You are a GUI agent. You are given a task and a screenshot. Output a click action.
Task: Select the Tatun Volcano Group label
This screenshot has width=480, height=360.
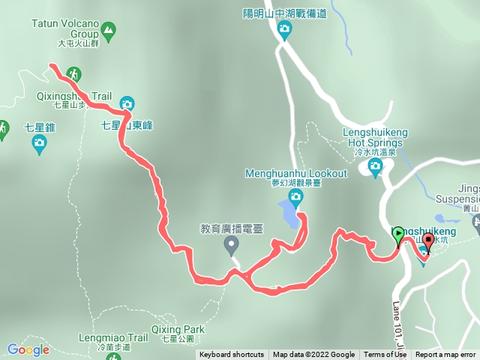pyautogui.click(x=66, y=29)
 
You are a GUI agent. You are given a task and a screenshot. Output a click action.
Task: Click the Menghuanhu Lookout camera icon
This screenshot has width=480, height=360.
pyautogui.click(x=295, y=198)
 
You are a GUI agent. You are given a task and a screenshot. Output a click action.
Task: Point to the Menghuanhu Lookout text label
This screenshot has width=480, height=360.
pyautogui.click(x=296, y=173)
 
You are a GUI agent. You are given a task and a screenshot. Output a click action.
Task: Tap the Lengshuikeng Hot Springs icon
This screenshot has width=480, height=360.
pyautogui.click(x=375, y=170)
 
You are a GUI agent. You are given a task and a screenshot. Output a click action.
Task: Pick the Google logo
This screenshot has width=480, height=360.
pyautogui.click(x=28, y=349)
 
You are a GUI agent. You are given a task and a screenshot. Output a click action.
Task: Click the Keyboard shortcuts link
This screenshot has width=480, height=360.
pyautogui.click(x=232, y=355)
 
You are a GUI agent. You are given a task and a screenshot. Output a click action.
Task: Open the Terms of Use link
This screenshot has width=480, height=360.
pyautogui.click(x=385, y=355)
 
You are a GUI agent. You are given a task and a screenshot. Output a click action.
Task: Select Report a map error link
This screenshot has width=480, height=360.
pyautogui.click(x=445, y=355)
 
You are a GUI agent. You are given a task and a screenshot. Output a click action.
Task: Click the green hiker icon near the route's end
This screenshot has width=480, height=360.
pyautogui.click(x=73, y=73)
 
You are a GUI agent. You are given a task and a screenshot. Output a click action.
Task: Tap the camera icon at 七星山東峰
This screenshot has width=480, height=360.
pyautogui.click(x=127, y=103)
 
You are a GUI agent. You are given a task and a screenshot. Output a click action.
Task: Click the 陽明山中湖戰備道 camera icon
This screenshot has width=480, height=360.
pyautogui.click(x=284, y=29)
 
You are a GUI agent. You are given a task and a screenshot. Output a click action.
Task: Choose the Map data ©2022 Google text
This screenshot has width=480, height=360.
pyautogui.click(x=313, y=355)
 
